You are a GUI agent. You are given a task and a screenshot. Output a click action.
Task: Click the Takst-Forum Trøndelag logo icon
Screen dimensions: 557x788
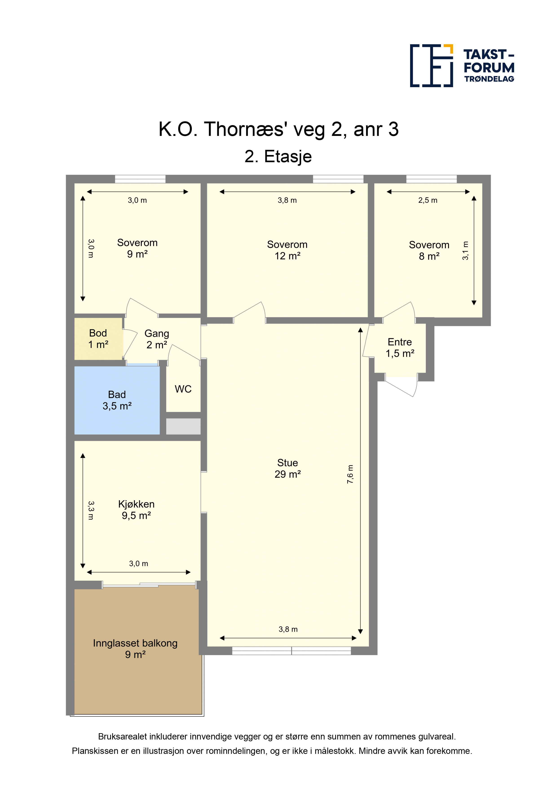point(431,66)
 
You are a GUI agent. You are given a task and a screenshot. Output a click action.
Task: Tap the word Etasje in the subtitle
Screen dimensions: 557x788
point(288,157)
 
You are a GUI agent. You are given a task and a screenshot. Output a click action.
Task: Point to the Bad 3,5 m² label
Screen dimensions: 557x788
point(117,400)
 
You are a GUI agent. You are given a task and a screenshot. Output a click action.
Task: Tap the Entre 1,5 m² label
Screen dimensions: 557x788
point(400,348)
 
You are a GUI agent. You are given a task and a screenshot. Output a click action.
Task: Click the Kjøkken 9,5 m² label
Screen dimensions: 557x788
point(136,510)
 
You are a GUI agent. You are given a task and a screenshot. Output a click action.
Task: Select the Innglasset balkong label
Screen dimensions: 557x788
point(135,643)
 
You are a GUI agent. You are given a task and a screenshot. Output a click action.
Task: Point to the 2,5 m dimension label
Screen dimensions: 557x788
point(428,200)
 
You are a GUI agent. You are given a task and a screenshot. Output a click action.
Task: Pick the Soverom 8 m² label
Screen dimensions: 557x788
point(429,250)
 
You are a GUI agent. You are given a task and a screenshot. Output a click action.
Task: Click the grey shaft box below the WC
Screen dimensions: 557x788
point(183,426)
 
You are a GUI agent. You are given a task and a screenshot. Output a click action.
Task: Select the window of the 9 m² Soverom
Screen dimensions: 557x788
point(140,179)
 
